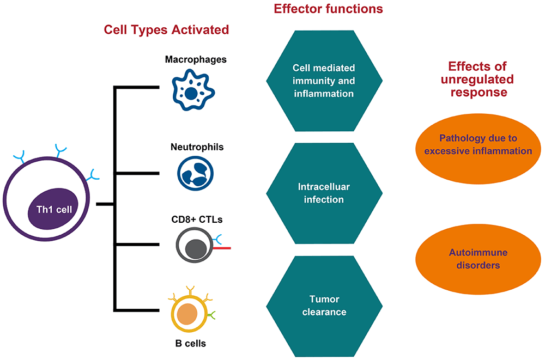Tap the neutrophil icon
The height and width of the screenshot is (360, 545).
pyautogui.click(x=195, y=173)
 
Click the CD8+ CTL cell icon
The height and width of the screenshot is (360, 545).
pyautogui.click(x=194, y=247)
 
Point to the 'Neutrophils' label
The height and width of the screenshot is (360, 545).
pyautogui.click(x=195, y=147)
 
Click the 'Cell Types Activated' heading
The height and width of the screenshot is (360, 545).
pyautogui.click(x=166, y=29)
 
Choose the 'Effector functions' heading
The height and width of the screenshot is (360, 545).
pyautogui.click(x=320, y=9)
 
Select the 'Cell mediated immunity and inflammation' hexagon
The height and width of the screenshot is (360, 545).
pyautogui.click(x=324, y=81)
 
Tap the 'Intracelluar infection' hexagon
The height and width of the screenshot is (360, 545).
pyautogui.click(x=324, y=193)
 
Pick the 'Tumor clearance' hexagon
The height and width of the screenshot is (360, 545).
pyautogui.click(x=324, y=306)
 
